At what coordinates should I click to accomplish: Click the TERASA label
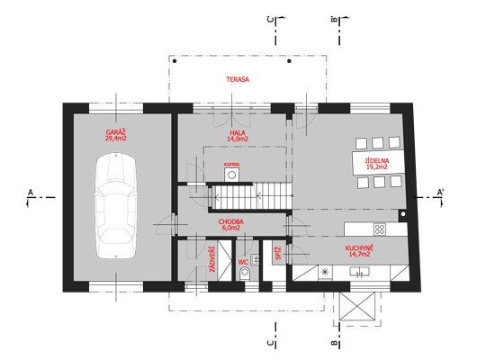pyautogui.click(x=238, y=79)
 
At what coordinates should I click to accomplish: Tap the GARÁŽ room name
pyautogui.click(x=116, y=132)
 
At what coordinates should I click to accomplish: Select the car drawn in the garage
pyautogui.click(x=116, y=206)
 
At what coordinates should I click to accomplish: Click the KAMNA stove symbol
pyautogui.click(x=232, y=175)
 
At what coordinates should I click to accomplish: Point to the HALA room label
pyautogui.click(x=238, y=132)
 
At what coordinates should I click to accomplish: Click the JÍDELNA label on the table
pyautogui.click(x=377, y=161)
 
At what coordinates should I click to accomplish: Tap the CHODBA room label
pyautogui.click(x=231, y=221)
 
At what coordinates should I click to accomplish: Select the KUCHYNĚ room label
pyautogui.click(x=359, y=248)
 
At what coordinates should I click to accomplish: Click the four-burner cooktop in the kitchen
pyautogui.click(x=380, y=229)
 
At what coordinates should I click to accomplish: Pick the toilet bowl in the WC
pyautogui.click(x=245, y=273)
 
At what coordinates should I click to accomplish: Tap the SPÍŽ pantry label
pyautogui.click(x=278, y=253)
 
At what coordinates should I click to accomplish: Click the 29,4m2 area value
pyautogui.click(x=116, y=139)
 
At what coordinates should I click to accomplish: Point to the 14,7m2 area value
pyautogui.click(x=359, y=255)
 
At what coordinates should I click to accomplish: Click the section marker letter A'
pyautogui.click(x=440, y=192)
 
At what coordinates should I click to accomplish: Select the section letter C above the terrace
pyautogui.click(x=270, y=20)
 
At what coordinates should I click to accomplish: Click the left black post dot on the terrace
pyautogui.click(x=175, y=61)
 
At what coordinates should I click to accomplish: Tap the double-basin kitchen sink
pyautogui.click(x=359, y=272)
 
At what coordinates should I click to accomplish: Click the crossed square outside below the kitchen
pyautogui.click(x=357, y=306)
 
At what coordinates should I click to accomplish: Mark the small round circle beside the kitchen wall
pyautogui.click(x=403, y=214)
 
